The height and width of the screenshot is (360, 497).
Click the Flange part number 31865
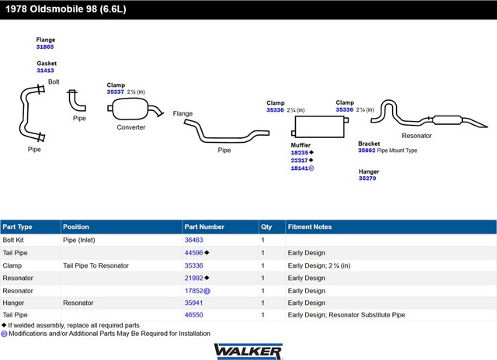coord(45,47)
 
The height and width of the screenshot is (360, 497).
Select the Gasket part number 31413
coord(45,71)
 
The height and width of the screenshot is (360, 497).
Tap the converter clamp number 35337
coord(116,92)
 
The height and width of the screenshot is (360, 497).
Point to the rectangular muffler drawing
coord(320,126)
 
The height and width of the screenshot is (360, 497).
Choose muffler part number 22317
coord(299,161)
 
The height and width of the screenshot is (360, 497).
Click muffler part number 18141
coord(300,168)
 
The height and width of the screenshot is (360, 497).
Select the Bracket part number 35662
coord(367,151)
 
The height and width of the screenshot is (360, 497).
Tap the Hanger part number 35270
coord(367,178)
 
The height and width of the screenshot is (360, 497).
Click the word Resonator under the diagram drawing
coord(417,136)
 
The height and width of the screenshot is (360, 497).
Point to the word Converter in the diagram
coord(131,127)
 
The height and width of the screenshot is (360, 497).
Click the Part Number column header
coord(204,227)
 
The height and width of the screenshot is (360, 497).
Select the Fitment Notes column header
coord(310,227)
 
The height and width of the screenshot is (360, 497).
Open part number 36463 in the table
coord(193,240)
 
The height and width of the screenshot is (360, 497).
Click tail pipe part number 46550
coord(193,315)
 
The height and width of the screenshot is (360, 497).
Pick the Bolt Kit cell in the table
coord(13,240)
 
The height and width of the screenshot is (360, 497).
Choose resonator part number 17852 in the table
coord(193,291)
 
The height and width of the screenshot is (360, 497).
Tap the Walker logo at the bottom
coord(248,351)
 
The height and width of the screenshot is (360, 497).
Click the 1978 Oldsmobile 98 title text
coord(66,9)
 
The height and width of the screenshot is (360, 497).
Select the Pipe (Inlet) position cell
coord(79,240)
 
